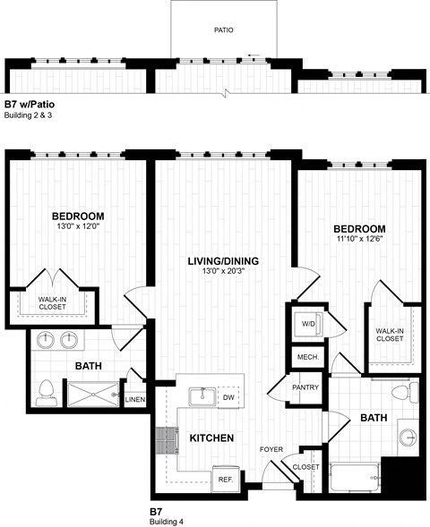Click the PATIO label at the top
tap(224, 30)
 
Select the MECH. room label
tap(305, 358)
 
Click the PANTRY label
tap(306, 387)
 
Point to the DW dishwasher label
tap(228, 397)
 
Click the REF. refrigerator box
tap(226, 479)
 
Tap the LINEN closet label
tap(135, 399)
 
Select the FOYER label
tap(272, 450)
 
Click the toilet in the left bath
tap(47, 390)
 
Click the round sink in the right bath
tap(409, 438)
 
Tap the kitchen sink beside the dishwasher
tap(201, 397)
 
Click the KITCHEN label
tap(211, 438)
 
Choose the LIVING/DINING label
tap(223, 261)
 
